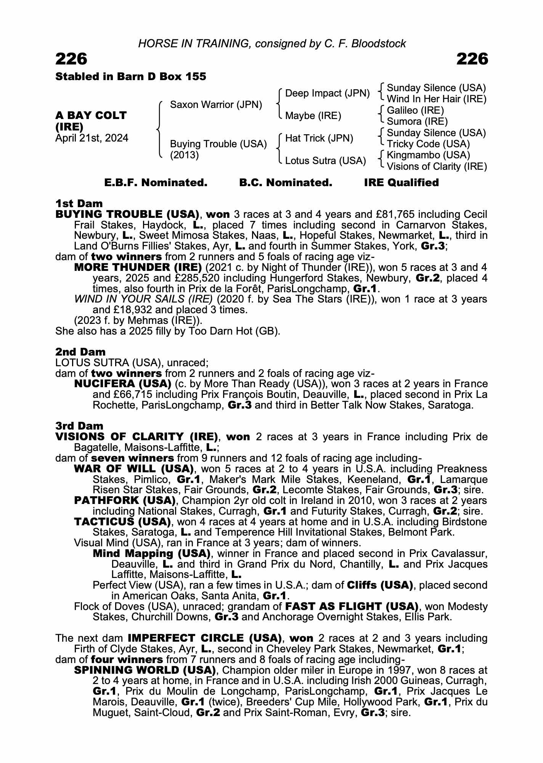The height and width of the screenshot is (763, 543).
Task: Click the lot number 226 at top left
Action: click(71, 59)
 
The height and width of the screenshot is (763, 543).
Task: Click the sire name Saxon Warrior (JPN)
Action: click(216, 105)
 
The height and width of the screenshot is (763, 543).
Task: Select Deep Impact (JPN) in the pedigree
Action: click(327, 93)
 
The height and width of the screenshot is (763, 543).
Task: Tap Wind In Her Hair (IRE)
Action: click(436, 99)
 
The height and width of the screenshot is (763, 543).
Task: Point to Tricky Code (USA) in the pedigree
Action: click(428, 144)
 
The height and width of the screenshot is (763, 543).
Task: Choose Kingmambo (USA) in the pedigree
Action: click(428, 155)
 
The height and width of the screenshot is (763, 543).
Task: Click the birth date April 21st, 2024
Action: click(92, 138)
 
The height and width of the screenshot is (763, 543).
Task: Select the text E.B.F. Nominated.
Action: click(156, 183)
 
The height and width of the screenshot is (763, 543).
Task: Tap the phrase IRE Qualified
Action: click(401, 183)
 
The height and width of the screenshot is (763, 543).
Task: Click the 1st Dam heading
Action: click(79, 203)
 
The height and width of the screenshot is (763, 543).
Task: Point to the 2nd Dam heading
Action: click(80, 352)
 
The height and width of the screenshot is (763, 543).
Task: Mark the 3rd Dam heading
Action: click(79, 426)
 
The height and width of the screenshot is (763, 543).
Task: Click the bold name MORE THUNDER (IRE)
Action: click(138, 267)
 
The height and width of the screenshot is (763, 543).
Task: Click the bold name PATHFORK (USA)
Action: click(125, 500)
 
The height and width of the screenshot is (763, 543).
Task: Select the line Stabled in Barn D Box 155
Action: click(130, 77)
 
